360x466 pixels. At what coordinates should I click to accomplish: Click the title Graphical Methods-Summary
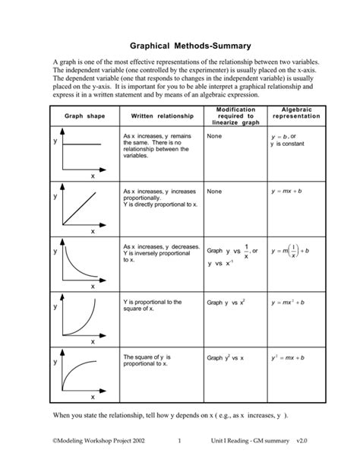180,45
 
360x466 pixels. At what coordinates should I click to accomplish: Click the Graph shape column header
84,116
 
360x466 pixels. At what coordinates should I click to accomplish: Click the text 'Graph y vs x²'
226,303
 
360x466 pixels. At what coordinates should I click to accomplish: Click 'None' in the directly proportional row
214,192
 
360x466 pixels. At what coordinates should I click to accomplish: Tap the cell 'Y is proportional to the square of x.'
152,306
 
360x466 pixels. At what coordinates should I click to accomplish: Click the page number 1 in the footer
180,440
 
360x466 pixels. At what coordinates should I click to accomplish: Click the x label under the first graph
93,176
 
